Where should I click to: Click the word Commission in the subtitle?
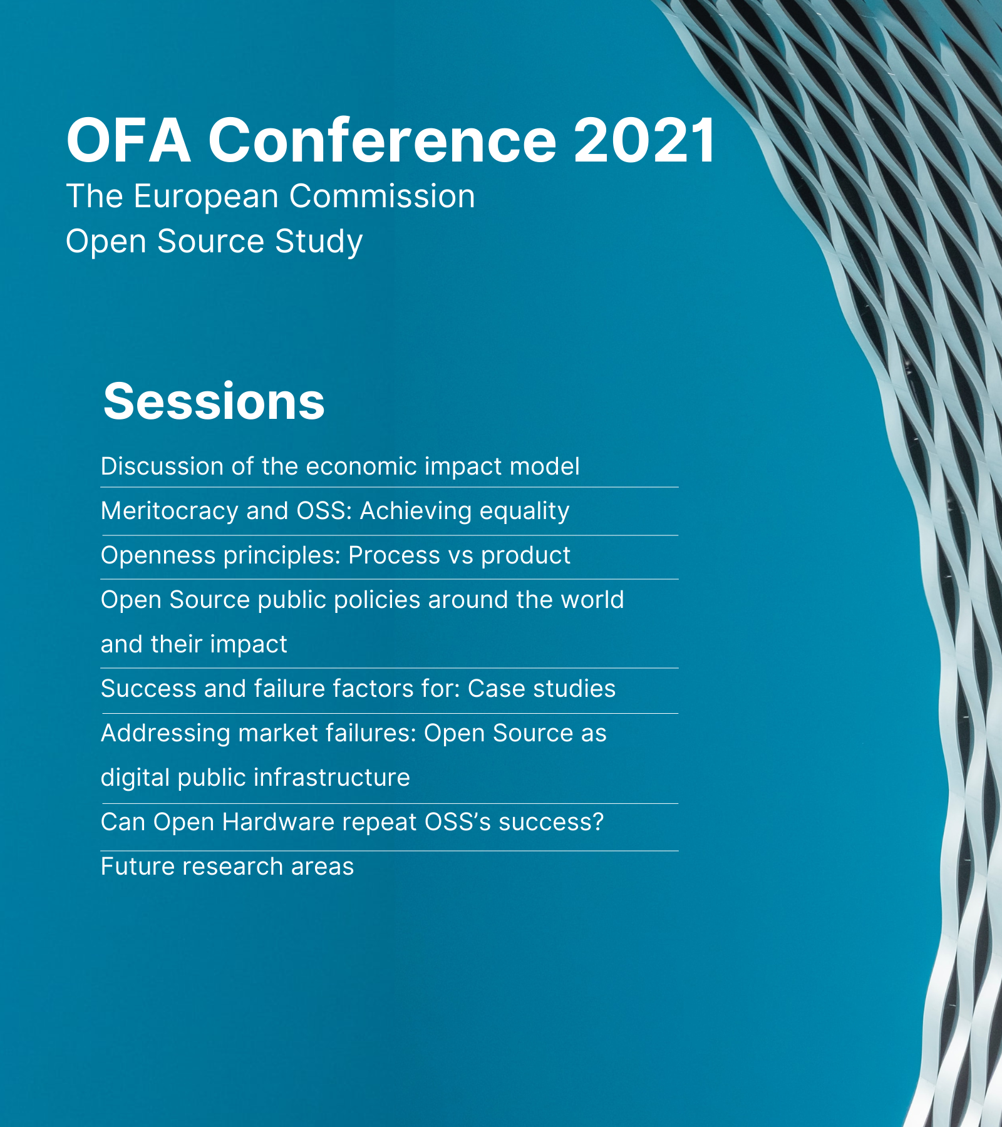pos(382,197)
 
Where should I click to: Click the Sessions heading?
pos(214,401)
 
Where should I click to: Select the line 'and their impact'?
pos(194,645)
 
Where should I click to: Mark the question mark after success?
pos(598,822)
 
